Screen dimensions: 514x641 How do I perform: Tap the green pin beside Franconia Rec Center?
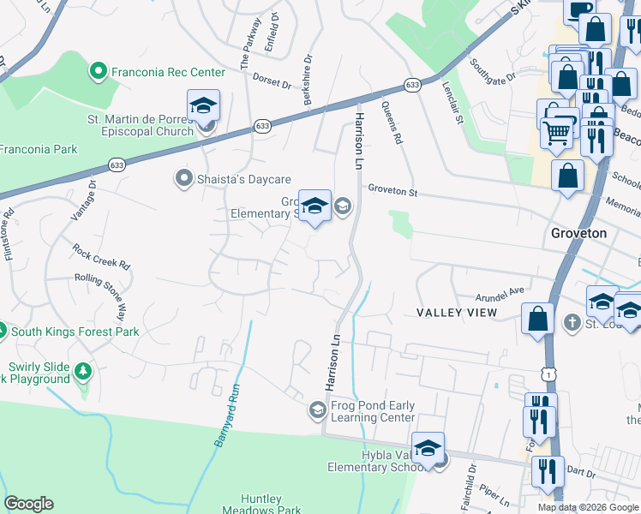pos(99,72)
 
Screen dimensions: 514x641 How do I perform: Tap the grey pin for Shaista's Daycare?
pos(183,178)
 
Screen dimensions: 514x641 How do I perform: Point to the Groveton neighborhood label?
pos(578,233)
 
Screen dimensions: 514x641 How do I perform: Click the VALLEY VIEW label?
pos(456,313)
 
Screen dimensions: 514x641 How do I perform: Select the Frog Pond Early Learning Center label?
pos(371,411)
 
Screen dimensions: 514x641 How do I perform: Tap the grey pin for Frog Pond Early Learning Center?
pos(317,411)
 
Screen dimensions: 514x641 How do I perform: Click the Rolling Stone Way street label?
pos(105,289)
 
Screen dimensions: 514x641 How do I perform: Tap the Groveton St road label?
pos(392,191)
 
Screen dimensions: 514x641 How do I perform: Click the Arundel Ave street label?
pos(500,291)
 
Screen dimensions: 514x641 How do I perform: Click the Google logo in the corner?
pos(28,504)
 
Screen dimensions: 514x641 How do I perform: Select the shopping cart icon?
pos(557,133)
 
